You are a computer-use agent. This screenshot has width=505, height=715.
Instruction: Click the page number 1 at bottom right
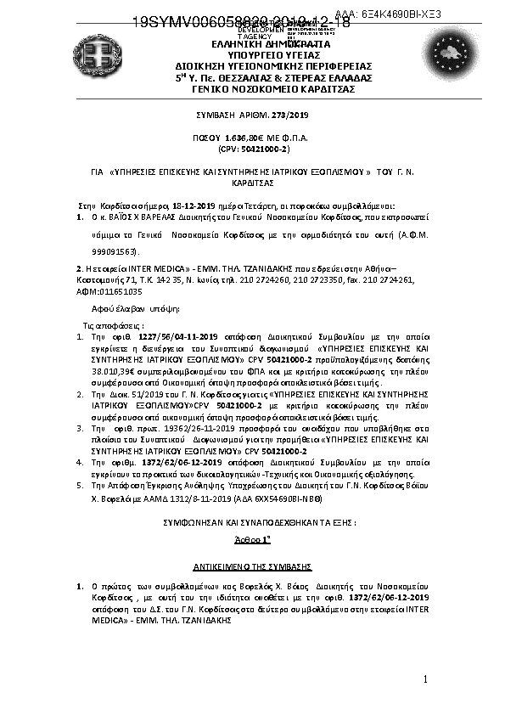(x=425, y=678)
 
